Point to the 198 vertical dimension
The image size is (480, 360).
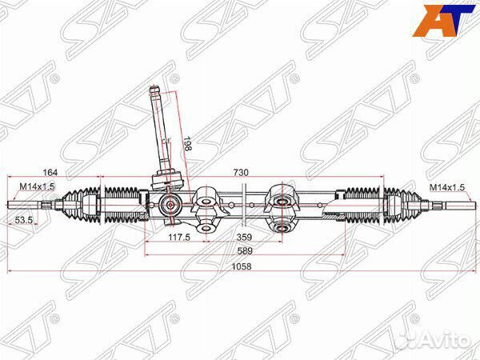[x=189, y=144]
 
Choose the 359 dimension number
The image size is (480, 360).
[x=244, y=237]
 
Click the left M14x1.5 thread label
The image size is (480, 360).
[x=36, y=187]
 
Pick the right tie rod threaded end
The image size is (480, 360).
[x=448, y=205]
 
